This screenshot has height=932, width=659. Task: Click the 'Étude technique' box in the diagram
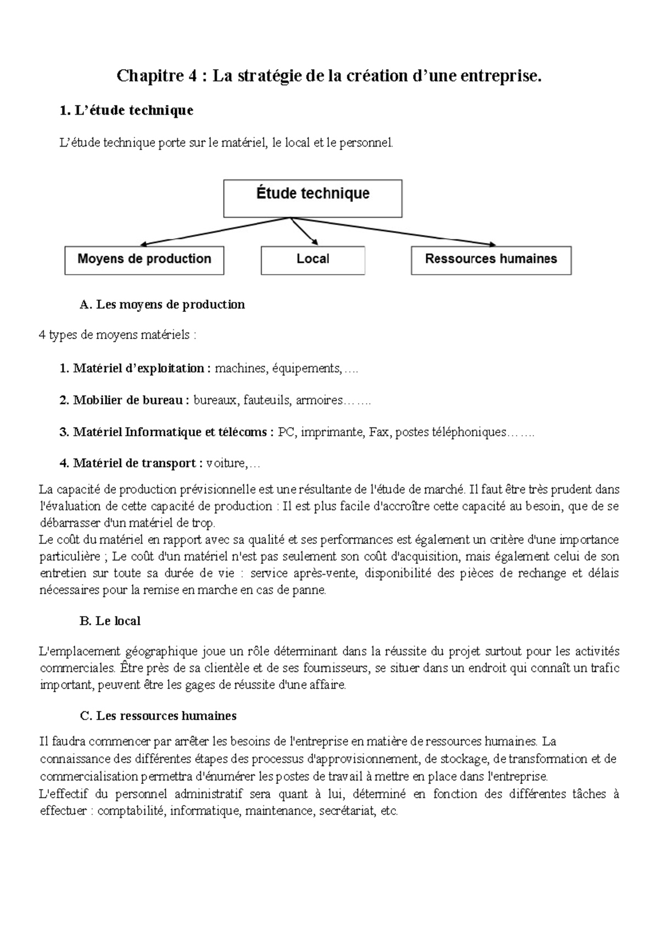click(312, 198)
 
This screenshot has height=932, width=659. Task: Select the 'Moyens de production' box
click(144, 260)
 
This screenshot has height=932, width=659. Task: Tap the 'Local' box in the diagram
click(312, 260)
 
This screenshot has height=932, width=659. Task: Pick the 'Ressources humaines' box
click(491, 260)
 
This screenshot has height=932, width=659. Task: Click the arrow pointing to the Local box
click(305, 231)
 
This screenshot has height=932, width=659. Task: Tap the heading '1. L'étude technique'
click(126, 110)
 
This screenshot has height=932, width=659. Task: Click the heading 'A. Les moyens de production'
click(162, 305)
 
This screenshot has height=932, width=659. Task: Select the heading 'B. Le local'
click(110, 621)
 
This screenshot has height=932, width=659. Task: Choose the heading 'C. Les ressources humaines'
click(158, 716)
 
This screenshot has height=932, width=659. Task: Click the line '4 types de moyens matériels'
click(118, 334)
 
